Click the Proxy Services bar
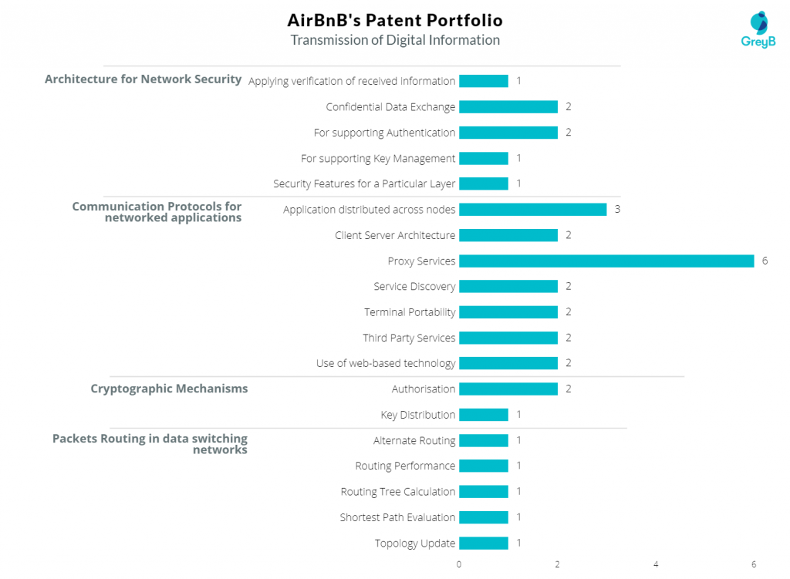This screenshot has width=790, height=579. pos(606,261)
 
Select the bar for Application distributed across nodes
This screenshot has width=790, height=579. pos(532,210)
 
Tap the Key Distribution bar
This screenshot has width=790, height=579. pos(484,415)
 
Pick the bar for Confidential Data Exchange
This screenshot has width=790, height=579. pos(508,107)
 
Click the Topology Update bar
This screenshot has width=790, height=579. pos(484,543)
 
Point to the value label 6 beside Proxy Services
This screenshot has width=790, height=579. pos(765,261)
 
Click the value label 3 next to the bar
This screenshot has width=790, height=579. pos(617,210)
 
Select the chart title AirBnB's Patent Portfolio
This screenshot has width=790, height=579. pos(394,19)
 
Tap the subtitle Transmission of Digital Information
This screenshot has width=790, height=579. pos(394,40)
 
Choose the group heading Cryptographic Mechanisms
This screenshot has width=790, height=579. pos(169,389)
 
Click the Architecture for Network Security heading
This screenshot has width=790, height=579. pos(143,79)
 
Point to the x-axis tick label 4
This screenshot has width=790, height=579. pos(656,564)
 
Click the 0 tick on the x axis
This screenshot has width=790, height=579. pos(459,564)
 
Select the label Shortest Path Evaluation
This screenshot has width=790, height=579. pos(397,517)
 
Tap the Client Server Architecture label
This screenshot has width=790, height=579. pos(395,235)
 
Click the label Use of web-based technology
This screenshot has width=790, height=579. pos(386,363)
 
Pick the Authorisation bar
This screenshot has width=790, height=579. pos(508,389)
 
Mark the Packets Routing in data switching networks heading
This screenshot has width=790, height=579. pos(150,444)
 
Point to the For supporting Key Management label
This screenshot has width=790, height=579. pos(378,158)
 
